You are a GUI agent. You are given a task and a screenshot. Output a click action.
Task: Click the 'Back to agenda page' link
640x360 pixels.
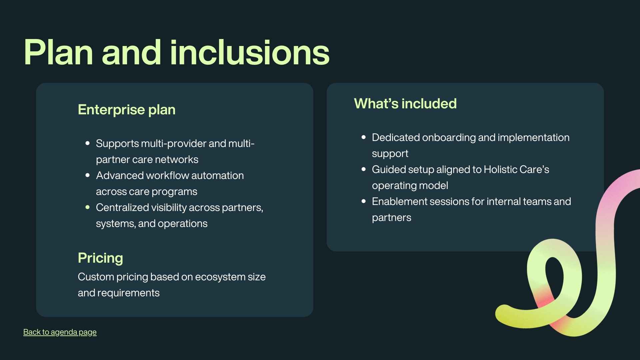click(60, 332)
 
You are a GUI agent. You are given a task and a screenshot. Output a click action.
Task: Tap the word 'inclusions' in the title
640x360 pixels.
click(250, 53)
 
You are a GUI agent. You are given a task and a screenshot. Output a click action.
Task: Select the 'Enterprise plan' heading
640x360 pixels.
click(126, 110)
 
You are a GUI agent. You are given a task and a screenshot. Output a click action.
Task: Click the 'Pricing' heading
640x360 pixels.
click(100, 258)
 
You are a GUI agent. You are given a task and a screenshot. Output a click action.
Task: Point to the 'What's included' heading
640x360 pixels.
click(405, 104)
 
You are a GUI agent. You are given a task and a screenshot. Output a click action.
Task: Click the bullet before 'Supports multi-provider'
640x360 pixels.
click(88, 143)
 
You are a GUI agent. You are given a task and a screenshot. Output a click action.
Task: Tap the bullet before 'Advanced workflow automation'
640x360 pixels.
click(88, 175)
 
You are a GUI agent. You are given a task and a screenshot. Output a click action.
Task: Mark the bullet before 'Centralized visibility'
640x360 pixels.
click(88, 207)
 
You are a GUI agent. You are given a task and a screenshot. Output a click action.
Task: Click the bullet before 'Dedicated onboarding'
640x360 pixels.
click(364, 137)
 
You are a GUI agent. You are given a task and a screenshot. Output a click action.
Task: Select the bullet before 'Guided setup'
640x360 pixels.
click(364, 169)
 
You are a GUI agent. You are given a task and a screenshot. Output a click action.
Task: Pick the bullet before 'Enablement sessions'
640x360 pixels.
click(364, 201)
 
